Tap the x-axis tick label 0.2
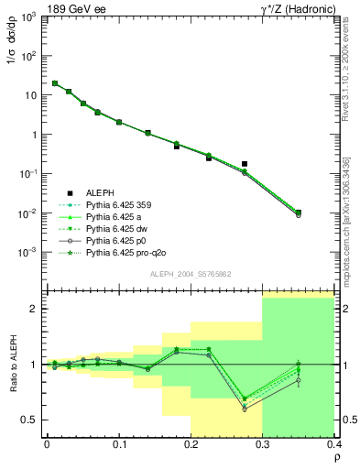tap(191, 443)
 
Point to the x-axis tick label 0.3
tap(262, 443)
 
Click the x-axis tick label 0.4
tap(333, 443)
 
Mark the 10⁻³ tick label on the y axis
tap(28, 252)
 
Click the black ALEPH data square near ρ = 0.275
tap(245, 164)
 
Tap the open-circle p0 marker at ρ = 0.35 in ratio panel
tap(298, 381)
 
